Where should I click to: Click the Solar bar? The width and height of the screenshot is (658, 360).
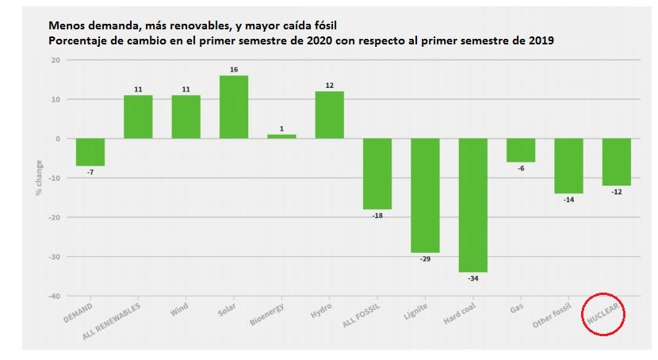[234, 107]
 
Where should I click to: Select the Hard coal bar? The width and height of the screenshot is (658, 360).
[473, 205]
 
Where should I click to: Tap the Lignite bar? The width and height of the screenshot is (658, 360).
[425, 195]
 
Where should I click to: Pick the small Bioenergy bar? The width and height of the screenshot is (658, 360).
[281, 136]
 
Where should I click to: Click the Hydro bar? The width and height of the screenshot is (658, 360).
[330, 115]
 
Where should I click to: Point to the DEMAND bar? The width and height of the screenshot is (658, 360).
[90, 152]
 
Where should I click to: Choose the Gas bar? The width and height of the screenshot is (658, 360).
[521, 150]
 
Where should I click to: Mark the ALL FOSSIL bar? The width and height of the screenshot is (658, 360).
[377, 174]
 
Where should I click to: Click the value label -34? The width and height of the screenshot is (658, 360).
[473, 279]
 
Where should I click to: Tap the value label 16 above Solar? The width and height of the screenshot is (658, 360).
[234, 70]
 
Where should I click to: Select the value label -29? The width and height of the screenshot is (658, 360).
[425, 259]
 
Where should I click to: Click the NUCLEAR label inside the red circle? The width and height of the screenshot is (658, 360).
[603, 316]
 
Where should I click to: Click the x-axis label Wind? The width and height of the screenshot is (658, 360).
[181, 308]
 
